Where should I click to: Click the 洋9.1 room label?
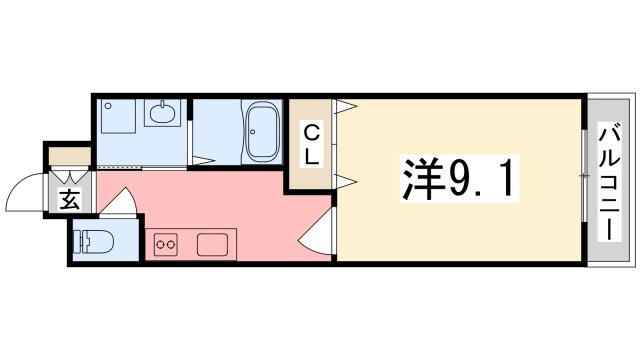461,180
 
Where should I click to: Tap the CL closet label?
312,144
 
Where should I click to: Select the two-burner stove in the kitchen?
165,242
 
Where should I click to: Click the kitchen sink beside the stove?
215,243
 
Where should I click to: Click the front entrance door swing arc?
25,195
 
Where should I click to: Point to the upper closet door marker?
346,107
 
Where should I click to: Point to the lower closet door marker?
346,181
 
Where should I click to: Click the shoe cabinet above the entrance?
69,156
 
